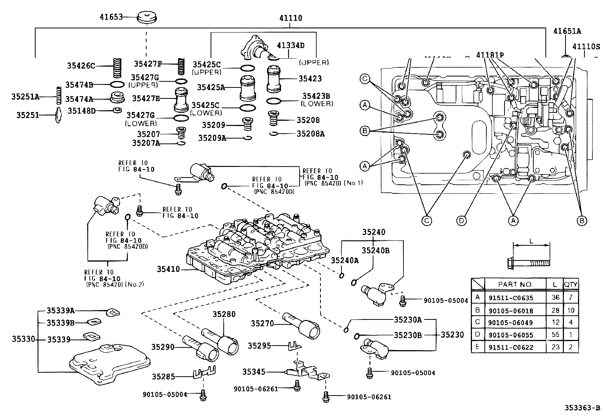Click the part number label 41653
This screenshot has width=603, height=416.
(111, 17)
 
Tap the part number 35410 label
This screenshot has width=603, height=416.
(169, 269)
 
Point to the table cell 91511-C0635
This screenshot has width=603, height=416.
(516, 298)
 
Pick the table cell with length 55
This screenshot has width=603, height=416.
(555, 335)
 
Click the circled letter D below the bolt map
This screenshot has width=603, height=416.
(461, 220)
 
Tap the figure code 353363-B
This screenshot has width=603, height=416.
(583, 408)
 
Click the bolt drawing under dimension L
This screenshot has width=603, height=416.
(529, 262)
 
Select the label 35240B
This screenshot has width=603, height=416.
(375, 250)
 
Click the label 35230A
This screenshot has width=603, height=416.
(408, 319)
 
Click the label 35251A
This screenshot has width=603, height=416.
(25, 97)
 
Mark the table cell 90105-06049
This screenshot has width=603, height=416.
(516, 323)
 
